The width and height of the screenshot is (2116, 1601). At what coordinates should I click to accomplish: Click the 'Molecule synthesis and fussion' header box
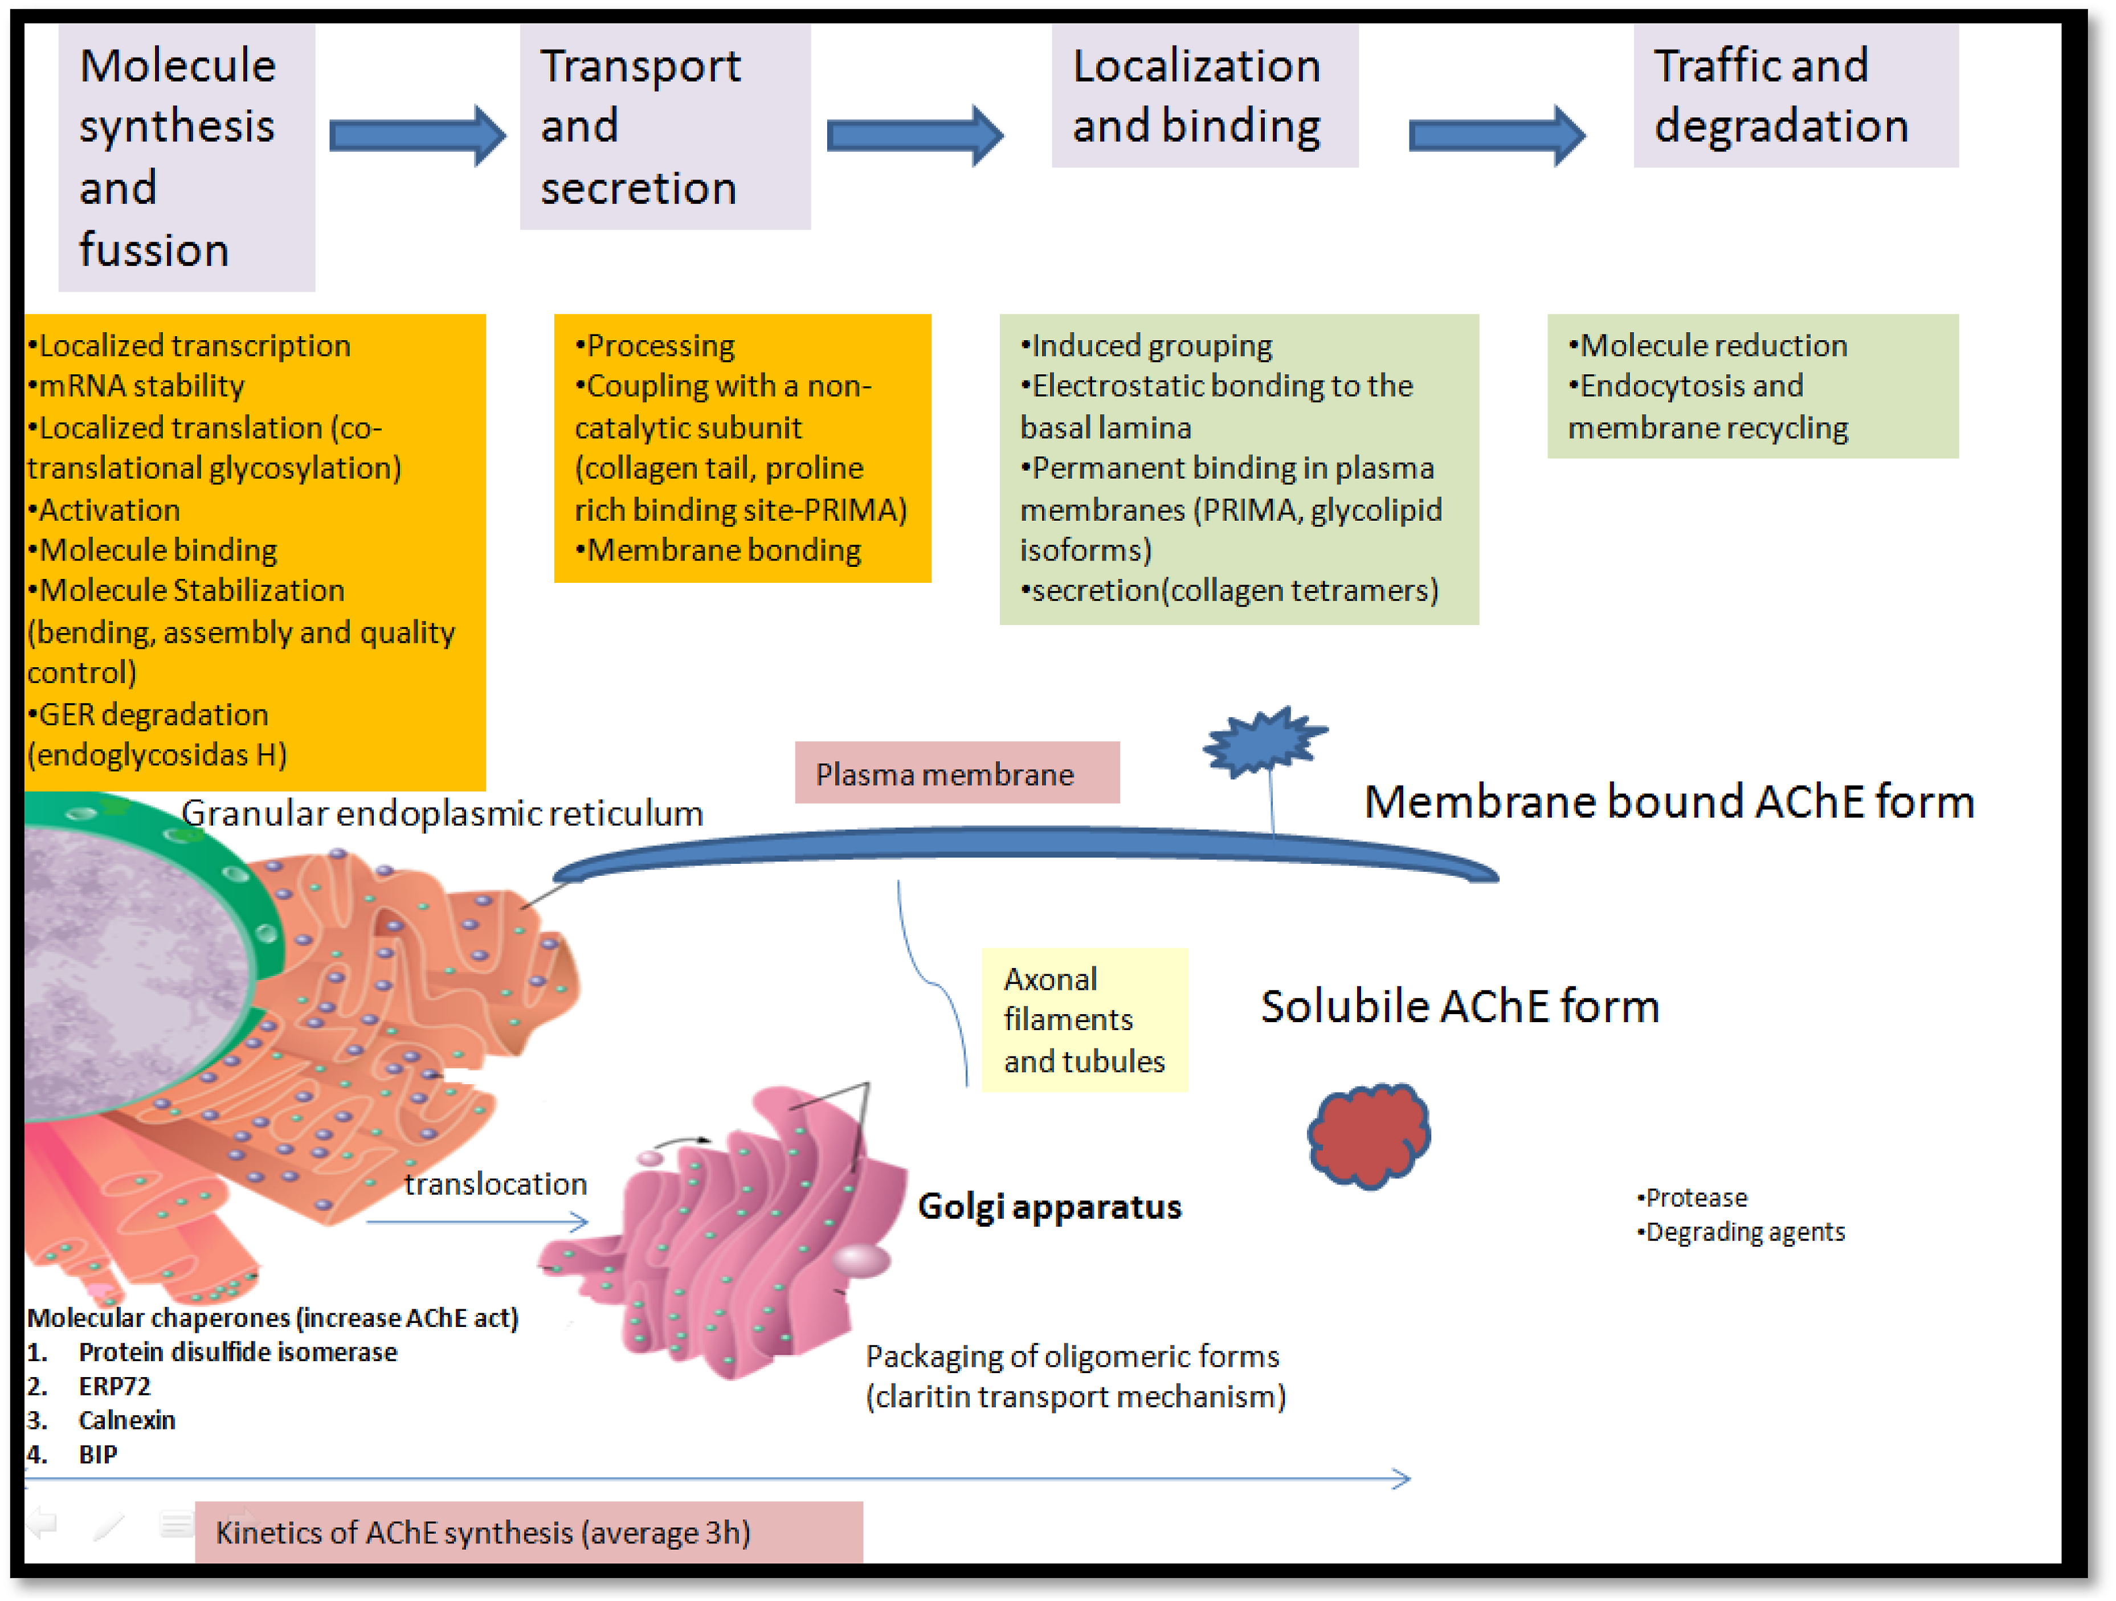186,158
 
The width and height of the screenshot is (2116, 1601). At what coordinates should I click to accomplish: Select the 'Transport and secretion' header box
665,127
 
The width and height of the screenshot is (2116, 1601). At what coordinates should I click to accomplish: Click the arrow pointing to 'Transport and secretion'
417,135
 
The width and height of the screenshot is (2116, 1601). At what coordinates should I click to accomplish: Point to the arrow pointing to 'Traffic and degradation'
1497,135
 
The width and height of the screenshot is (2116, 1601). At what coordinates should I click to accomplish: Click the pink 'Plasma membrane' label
957,773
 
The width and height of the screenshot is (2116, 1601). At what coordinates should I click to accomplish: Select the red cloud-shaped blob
1369,1136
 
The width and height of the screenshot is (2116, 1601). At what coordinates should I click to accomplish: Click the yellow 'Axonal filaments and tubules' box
1085,1019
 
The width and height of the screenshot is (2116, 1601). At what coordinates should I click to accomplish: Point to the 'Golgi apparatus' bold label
1049,1206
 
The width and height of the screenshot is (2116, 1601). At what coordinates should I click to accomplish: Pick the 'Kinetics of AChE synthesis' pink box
529,1532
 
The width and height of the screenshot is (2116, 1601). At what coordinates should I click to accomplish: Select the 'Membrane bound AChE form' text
1669,802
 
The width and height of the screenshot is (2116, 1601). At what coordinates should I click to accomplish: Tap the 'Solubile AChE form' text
1460,1006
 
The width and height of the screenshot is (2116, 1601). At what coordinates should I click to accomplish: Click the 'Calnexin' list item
127,1420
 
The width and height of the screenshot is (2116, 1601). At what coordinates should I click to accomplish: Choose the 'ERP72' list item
115,1386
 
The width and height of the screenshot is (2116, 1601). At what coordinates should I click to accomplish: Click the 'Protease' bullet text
1692,1198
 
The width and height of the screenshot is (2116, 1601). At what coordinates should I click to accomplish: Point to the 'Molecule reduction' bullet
1709,345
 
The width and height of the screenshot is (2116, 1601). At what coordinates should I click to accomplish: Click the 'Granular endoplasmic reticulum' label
443,813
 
